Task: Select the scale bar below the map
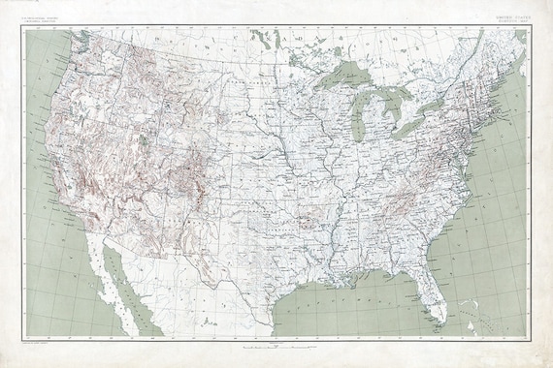point(276,346)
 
